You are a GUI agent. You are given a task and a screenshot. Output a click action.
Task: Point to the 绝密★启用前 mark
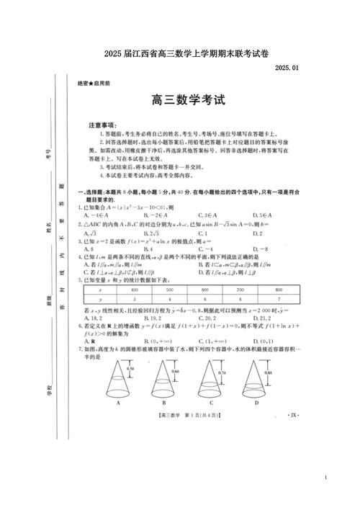click(94, 84)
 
